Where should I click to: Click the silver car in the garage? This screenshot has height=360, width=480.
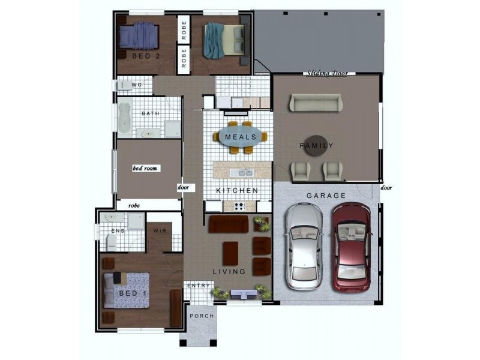(x=304, y=247)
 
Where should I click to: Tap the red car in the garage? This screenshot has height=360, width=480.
(x=352, y=247)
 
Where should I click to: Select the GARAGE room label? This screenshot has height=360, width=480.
(x=326, y=196)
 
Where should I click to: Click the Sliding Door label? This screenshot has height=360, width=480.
(x=327, y=73)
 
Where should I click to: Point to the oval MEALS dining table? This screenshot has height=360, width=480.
(x=241, y=137)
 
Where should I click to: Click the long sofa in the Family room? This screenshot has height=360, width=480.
(x=316, y=103)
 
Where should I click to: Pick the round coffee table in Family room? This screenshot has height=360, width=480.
(x=316, y=146)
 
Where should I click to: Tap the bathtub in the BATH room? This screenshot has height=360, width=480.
(x=124, y=118)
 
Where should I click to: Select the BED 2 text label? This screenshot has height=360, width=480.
(x=146, y=56)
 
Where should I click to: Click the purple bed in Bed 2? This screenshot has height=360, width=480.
(x=139, y=35)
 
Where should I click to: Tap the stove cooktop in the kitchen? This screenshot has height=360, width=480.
(x=239, y=206)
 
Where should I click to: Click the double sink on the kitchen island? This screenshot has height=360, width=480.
(x=242, y=173)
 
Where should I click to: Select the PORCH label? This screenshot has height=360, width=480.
(x=202, y=316)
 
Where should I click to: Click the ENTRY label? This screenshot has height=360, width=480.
(x=199, y=286)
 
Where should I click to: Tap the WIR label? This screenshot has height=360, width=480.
(x=160, y=231)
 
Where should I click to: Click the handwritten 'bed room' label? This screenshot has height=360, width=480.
(x=145, y=169)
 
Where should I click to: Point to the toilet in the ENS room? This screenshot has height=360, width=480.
(x=112, y=242)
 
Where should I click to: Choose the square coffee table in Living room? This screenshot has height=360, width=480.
(x=230, y=253)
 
